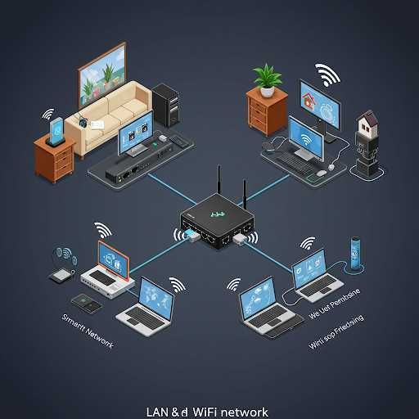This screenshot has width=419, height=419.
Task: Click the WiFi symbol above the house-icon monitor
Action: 329,74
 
